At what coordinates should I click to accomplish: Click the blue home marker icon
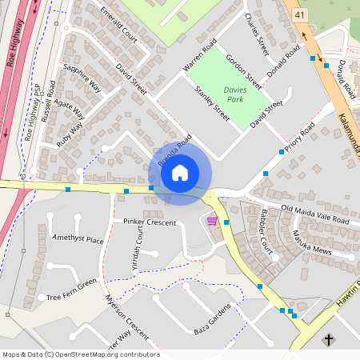(x=180, y=172)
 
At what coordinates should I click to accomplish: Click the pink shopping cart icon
(x=212, y=221)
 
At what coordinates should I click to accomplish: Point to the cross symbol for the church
(x=328, y=341)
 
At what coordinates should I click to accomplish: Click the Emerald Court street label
(x=124, y=25)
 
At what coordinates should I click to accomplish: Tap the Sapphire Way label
(x=82, y=77)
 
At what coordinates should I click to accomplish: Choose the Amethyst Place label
(x=77, y=239)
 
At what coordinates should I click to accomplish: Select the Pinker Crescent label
(x=149, y=221)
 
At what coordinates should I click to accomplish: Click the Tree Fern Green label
(x=71, y=290)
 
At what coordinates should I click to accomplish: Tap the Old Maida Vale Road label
(x=315, y=214)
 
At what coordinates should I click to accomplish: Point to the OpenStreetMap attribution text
(x=80, y=354)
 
